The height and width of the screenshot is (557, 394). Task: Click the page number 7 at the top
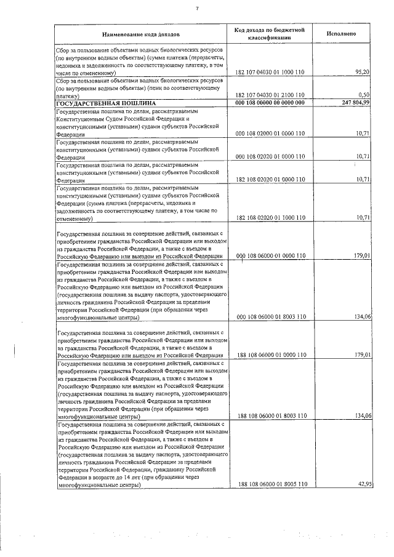197,8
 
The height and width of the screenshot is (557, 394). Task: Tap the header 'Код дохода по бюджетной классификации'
270,33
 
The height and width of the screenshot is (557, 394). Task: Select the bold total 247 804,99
353,103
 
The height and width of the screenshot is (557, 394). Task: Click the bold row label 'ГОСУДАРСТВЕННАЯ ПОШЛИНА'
105,103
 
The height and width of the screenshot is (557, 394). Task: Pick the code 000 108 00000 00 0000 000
270,103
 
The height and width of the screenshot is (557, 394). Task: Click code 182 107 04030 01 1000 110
270,73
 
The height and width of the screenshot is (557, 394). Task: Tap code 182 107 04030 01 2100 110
270,95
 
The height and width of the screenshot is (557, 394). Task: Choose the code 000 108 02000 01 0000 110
270,133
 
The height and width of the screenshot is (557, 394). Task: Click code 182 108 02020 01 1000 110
270,217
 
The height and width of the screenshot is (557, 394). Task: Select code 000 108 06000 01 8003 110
270,317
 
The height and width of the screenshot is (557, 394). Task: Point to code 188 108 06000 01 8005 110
270,485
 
